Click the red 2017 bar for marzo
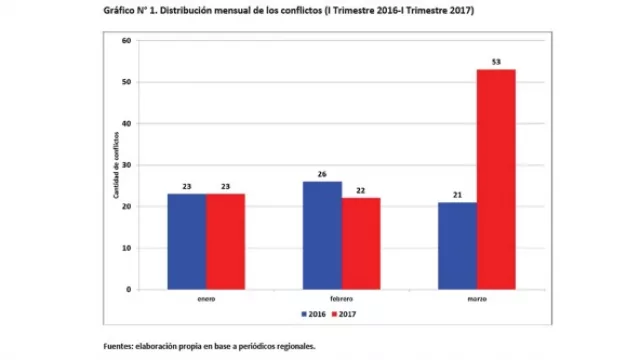coord(496,180)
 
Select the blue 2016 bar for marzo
coord(457,246)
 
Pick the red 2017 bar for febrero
coord(360,244)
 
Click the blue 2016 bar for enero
coord(187,241)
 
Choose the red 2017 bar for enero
coord(225,241)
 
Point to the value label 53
coord(496,62)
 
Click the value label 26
coord(322,174)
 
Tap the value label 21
coord(457,195)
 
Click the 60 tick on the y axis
coord(126,41)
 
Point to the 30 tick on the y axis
coord(126,165)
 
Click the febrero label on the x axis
coord(341,299)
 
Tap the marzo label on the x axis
coord(476,299)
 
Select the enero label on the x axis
coord(206,299)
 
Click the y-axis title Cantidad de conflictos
coord(116,165)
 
